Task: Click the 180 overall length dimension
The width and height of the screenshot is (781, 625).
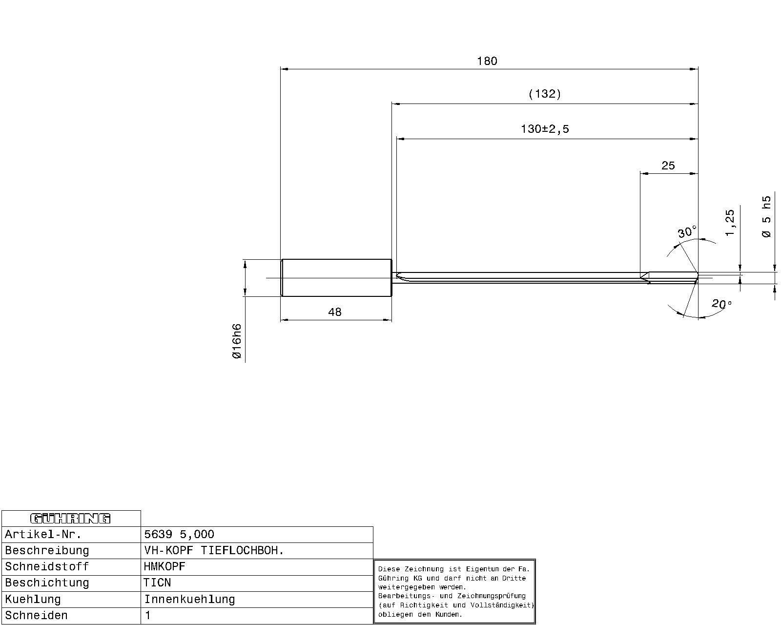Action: tap(487, 61)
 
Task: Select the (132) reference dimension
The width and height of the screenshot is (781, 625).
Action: tap(544, 94)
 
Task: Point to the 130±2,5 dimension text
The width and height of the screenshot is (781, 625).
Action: tap(545, 129)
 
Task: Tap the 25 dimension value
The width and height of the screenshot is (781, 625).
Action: tap(668, 166)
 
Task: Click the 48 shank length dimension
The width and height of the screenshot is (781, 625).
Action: tap(335, 312)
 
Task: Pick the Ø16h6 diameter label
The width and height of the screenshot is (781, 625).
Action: tap(237, 341)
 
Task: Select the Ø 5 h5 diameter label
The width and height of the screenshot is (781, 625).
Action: tap(766, 217)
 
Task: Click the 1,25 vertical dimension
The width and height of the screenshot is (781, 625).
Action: tap(729, 223)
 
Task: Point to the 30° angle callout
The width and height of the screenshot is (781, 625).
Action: tap(687, 232)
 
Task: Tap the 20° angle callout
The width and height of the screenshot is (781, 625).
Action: tap(721, 303)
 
